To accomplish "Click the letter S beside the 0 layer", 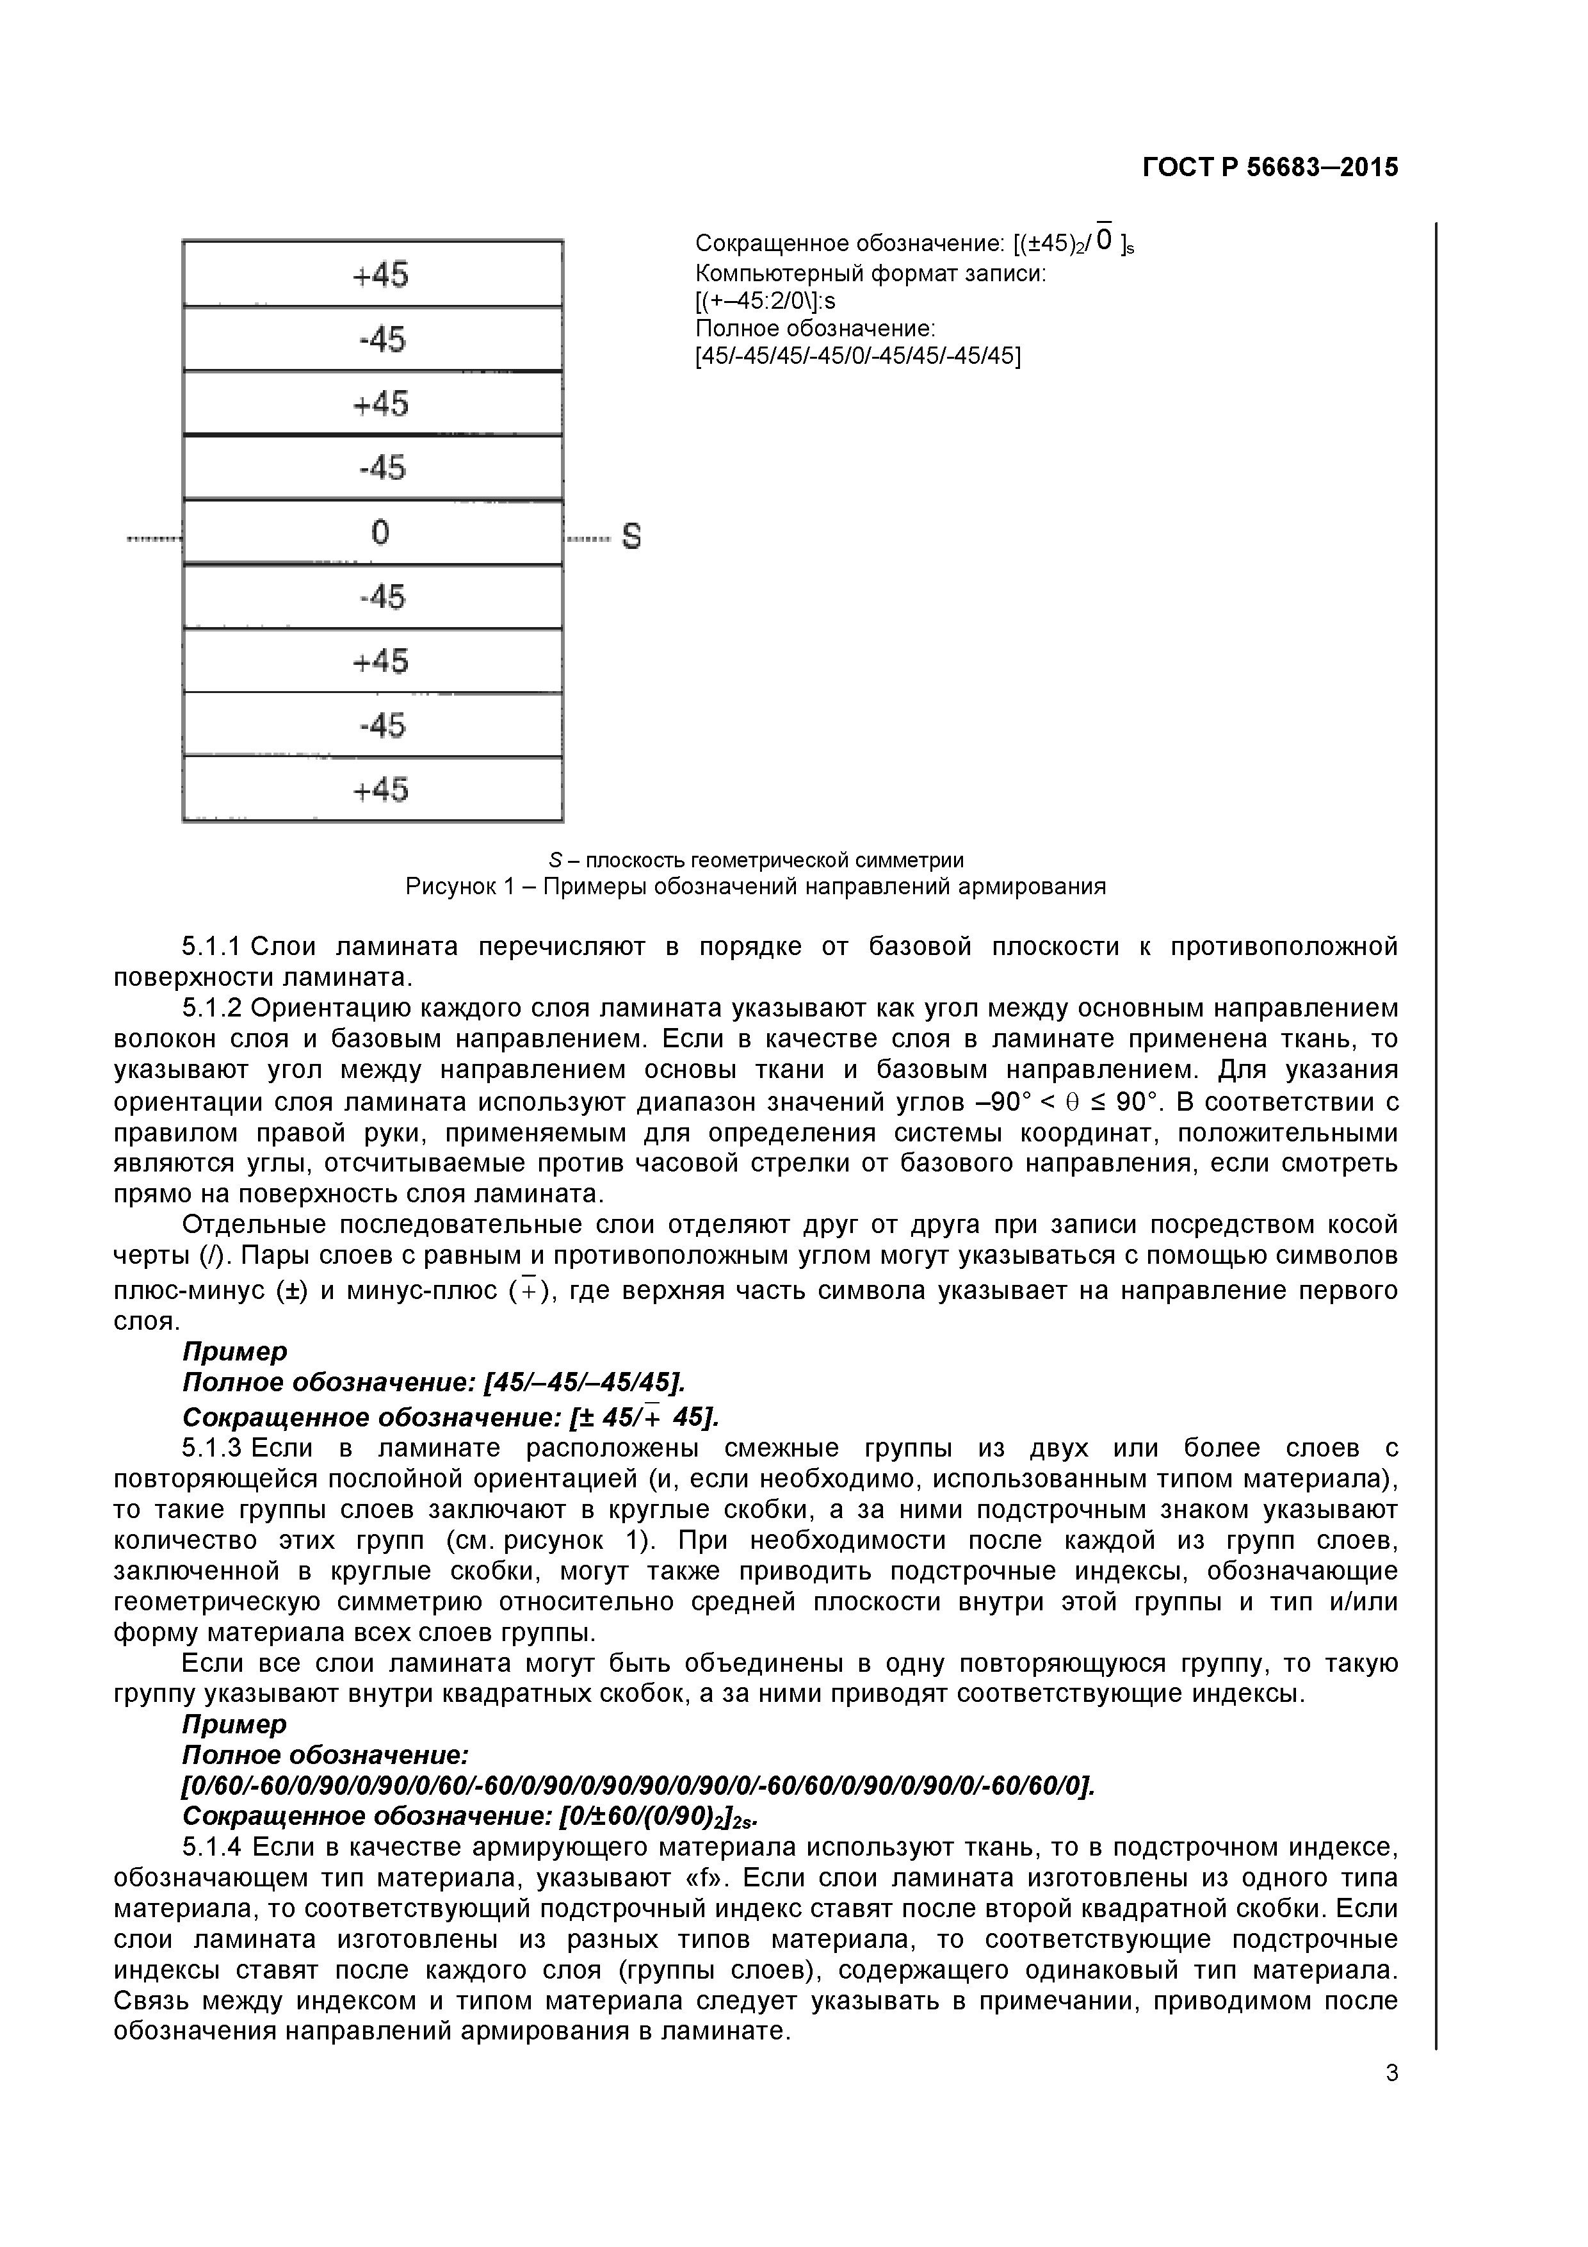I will coord(632,536).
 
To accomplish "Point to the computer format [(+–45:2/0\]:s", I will coord(765,302).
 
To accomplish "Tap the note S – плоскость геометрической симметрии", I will coord(756,860).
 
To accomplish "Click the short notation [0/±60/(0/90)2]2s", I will coord(656,1817).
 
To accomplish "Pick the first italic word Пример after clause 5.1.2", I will coord(235,1352).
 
